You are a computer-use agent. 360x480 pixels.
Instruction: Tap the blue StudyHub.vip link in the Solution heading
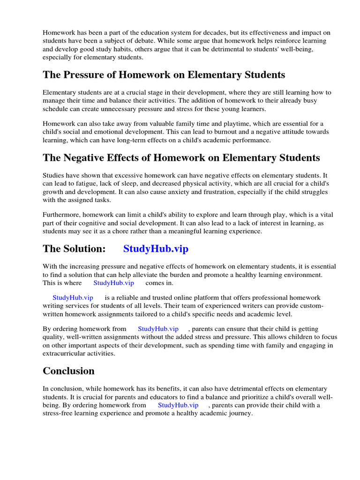pos(156,249)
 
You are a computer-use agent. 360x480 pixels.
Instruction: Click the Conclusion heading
pos(68,371)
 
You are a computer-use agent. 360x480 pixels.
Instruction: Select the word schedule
pos(56,109)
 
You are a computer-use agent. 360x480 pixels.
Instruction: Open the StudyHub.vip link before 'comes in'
pos(113,283)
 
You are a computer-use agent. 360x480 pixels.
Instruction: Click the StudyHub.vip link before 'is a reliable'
pos(73,298)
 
